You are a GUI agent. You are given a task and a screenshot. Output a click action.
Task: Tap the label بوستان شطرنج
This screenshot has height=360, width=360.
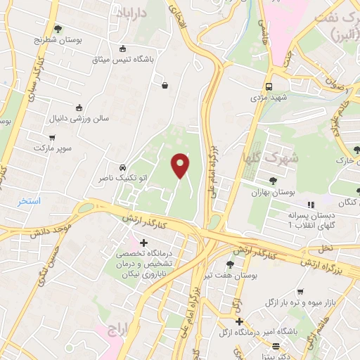tap(59, 41)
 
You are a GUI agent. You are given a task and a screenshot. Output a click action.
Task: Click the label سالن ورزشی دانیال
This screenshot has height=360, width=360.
tap(79, 119)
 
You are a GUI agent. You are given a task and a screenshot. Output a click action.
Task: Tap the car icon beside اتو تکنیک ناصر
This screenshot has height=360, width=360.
tap(123, 168)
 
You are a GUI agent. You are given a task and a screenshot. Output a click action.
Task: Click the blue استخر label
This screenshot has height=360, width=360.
tap(30, 201)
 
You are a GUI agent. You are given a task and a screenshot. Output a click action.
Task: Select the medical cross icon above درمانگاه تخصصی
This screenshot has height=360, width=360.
tap(144, 243)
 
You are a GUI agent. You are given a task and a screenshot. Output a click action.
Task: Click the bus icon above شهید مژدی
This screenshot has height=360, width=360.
tap(268, 86)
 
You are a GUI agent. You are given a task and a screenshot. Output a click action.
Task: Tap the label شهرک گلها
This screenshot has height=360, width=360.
tap(269, 158)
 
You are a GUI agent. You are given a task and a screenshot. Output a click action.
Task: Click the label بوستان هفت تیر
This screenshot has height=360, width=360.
tap(229, 276)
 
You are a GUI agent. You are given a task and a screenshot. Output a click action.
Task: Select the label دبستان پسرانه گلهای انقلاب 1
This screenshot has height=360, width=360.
tap(310, 219)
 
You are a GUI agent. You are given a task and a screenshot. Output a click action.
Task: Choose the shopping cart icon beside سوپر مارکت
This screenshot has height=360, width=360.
tap(51, 138)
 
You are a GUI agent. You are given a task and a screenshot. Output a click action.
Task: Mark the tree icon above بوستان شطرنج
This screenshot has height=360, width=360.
tap(58, 30)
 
